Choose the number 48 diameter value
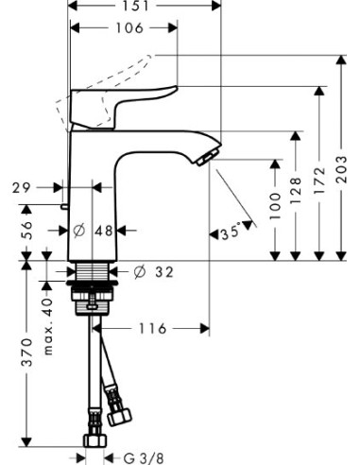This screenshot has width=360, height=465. click(x=105, y=230)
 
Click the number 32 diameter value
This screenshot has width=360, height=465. click(x=164, y=272)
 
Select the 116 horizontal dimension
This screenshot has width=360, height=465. click(x=153, y=329)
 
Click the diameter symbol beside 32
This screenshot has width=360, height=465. click(x=139, y=272)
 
